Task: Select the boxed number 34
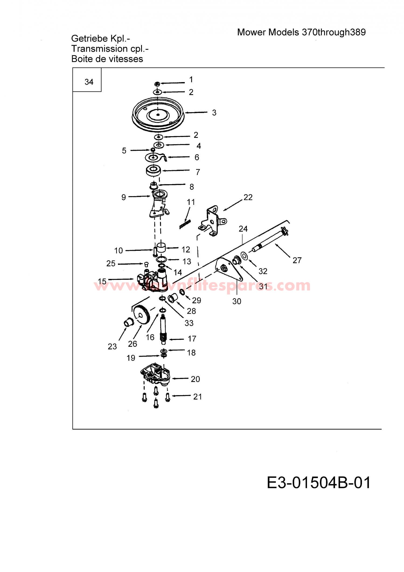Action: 89,82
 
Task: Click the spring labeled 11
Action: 185,224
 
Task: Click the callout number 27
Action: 297,260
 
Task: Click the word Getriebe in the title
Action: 89,38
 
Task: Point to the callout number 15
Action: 102,281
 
